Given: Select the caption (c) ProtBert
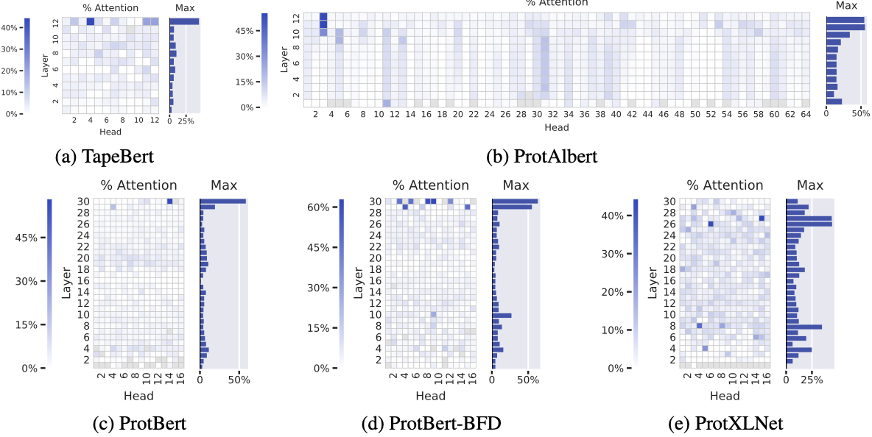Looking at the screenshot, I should pos(140,423).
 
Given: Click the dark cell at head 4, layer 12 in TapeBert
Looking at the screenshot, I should pos(90,21).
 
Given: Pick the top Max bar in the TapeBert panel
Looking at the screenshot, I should pos(184,21).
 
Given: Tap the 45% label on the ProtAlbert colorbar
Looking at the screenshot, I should pos(245,31).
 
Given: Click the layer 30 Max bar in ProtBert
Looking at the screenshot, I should pos(222,201).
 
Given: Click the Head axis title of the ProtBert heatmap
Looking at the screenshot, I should pos(138,397).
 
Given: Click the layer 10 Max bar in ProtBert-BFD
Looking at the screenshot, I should pos(502,315).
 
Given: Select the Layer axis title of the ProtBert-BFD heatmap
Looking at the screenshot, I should pos(356,280).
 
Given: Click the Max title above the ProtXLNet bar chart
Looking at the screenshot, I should pos(810,185).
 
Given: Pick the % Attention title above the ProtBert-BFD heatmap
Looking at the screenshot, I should pos(430,185).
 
